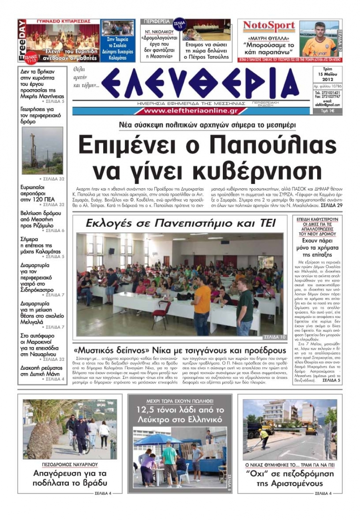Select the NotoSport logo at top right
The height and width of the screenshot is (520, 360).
pos(269,26)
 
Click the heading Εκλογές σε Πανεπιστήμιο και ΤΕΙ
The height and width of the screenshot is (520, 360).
pos(180,223)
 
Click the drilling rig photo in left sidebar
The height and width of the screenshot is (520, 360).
pos(42,150)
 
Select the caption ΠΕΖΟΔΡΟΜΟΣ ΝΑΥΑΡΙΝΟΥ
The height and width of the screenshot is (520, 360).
pos(70,464)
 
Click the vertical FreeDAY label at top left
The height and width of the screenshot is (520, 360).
pos(22,40)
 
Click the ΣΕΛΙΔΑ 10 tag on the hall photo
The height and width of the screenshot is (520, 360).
pos(275,337)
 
